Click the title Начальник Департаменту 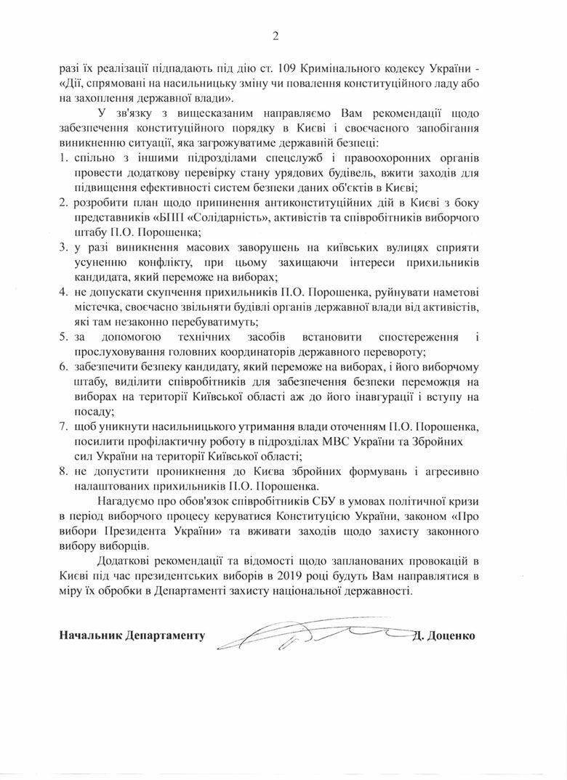(x=132, y=636)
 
